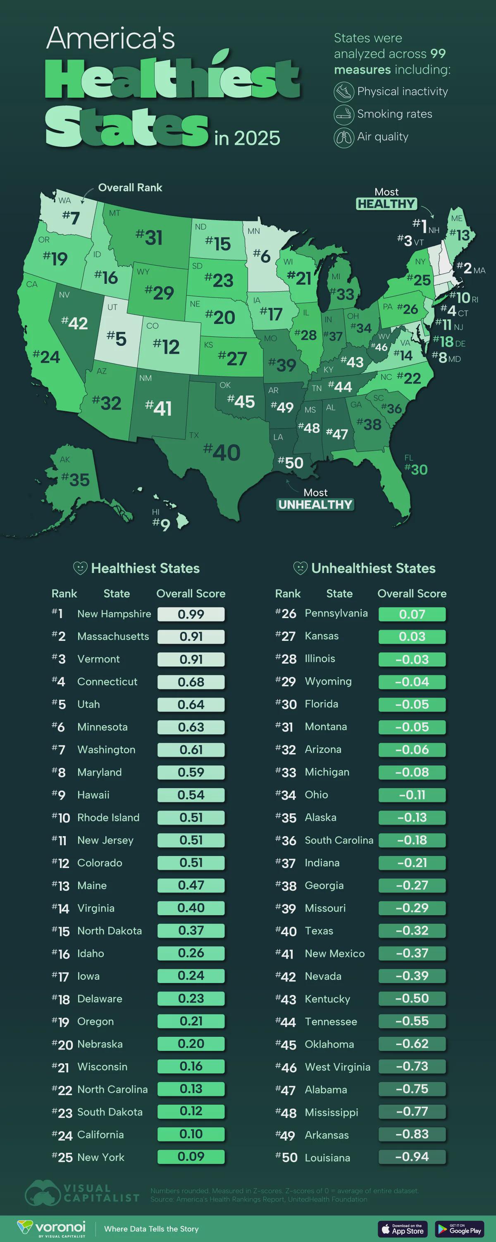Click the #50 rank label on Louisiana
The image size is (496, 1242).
pyautogui.click(x=291, y=463)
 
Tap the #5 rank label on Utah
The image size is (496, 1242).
pyautogui.click(x=117, y=338)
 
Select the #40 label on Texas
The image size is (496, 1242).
pyautogui.click(x=222, y=452)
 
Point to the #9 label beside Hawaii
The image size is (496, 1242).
pyautogui.click(x=162, y=525)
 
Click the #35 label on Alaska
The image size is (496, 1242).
pyautogui.click(x=76, y=479)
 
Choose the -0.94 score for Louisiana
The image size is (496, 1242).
pyautogui.click(x=412, y=1157)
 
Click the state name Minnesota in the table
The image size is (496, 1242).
pyautogui.click(x=103, y=726)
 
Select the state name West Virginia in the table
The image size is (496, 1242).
pyautogui.click(x=338, y=1067)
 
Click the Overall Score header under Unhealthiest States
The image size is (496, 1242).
pyautogui.click(x=412, y=594)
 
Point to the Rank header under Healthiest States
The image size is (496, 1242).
pyautogui.click(x=64, y=594)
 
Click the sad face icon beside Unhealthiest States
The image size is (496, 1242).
pyautogui.click(x=300, y=568)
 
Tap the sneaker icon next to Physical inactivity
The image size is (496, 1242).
pyautogui.click(x=344, y=91)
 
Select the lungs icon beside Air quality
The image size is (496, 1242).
pyautogui.click(x=344, y=137)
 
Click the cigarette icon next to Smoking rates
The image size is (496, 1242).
pyautogui.click(x=344, y=114)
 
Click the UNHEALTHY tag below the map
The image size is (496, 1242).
pyautogui.click(x=315, y=505)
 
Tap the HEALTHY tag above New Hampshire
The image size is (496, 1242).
pyautogui.click(x=386, y=204)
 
